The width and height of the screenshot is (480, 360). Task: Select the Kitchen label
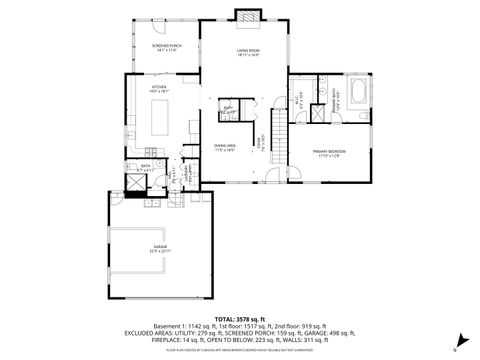tap(160, 89)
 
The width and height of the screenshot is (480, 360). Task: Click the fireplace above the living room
tap(247, 16)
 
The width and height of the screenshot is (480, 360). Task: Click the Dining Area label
tap(224, 146)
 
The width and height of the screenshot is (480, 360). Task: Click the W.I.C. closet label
tap(302, 97)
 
